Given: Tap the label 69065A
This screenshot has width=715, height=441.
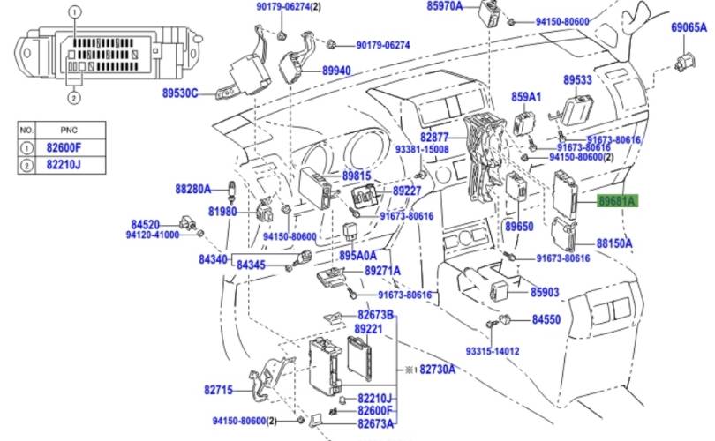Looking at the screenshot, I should point(689,27).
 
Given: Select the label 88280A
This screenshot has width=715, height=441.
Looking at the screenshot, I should point(192,189).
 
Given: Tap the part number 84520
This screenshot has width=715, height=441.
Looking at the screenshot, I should point(146,224).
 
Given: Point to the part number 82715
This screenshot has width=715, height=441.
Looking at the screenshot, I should point(217,388).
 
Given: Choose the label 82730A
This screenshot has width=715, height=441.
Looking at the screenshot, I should point(437,369).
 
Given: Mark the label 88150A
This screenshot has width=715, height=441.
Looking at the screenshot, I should point(614,242).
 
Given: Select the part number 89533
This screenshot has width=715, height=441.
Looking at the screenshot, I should point(578,79).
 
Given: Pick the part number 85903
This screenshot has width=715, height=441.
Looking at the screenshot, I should point(545,292).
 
